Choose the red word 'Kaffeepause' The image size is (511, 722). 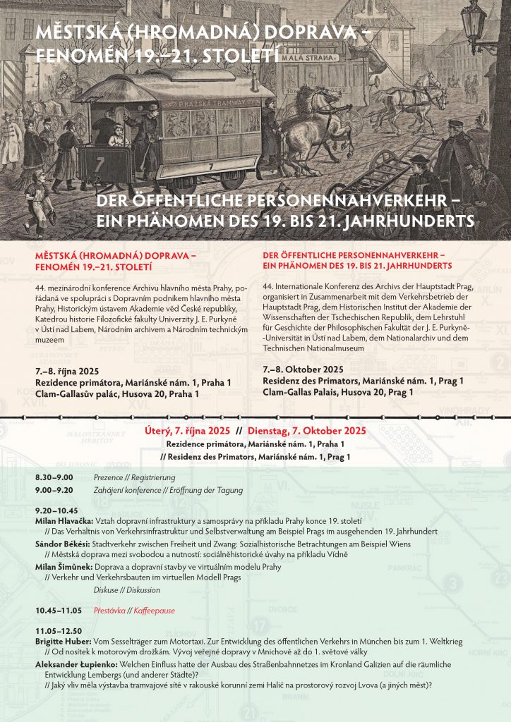click(154, 611)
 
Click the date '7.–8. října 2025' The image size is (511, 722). click(66, 372)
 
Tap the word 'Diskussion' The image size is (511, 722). click(144, 590)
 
